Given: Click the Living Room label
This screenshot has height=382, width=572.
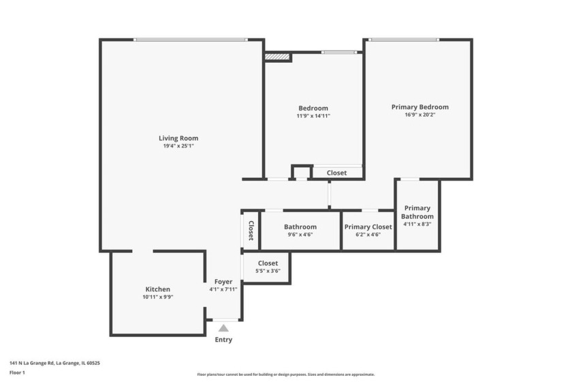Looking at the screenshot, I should pos(178,138).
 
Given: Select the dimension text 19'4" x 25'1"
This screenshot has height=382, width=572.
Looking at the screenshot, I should pos(178,147).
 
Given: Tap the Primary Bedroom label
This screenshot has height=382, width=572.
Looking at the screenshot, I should pos(419,107).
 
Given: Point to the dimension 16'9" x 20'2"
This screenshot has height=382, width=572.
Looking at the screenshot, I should pos(419,115).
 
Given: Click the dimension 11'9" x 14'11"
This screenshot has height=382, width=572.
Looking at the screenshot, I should pos(313,117).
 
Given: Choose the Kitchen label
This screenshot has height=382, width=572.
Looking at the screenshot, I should pos(157,289).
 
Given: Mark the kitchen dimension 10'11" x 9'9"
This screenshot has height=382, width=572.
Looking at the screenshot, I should pos(157,297).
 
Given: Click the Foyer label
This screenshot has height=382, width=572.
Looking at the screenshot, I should pos(223,282).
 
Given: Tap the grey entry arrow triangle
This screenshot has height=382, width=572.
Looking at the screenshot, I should pos(223,328).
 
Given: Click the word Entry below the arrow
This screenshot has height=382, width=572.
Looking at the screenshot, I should pos(223,340).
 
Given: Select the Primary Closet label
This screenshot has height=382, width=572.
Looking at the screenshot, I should pos(368,227).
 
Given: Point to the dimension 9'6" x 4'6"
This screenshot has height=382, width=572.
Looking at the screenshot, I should pos(300,235).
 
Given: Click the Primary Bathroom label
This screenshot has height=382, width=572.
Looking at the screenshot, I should pos(417,212).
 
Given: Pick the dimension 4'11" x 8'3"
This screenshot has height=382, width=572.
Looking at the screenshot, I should pos(417,224).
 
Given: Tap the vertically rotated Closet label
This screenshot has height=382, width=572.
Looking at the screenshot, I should pos(251,230).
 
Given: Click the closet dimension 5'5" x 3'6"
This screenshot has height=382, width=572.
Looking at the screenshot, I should pos(268,271).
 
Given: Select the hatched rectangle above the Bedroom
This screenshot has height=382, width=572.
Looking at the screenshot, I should pos(277,57).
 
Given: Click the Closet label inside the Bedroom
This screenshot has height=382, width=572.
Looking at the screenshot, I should pos(336,173).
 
